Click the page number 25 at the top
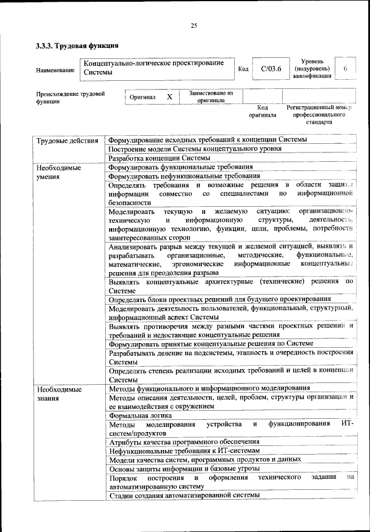(194, 25)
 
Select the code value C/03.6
(271, 69)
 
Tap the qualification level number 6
(345, 69)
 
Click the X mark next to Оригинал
(169, 97)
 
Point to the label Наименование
(55, 70)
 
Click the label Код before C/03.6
(243, 69)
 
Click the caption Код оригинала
(262, 111)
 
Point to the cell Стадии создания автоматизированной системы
(184, 495)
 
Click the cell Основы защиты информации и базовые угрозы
(184, 468)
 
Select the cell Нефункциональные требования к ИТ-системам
(184, 451)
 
